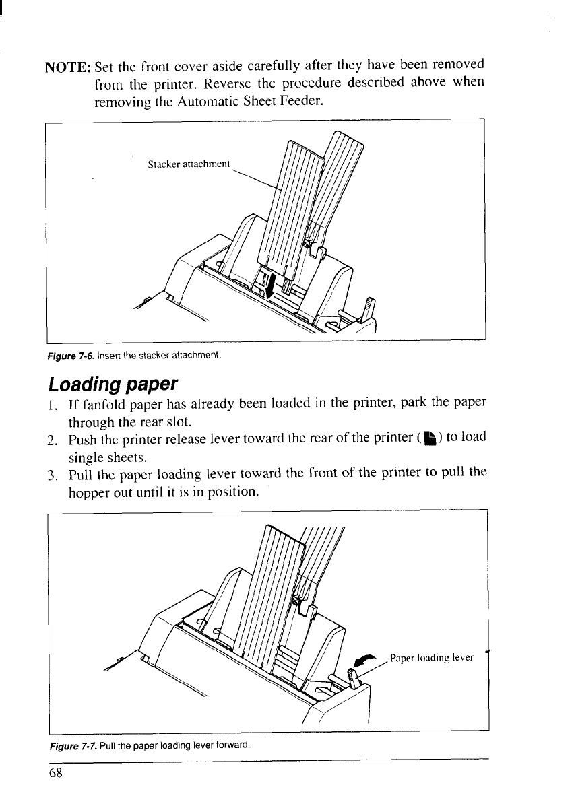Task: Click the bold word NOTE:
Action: click(x=68, y=67)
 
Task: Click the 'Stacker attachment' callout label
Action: click(x=189, y=164)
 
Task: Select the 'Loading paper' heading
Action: click(x=113, y=385)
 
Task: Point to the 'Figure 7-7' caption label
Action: click(x=65, y=745)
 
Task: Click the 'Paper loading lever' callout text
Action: click(x=431, y=657)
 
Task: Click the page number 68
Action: click(x=55, y=772)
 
